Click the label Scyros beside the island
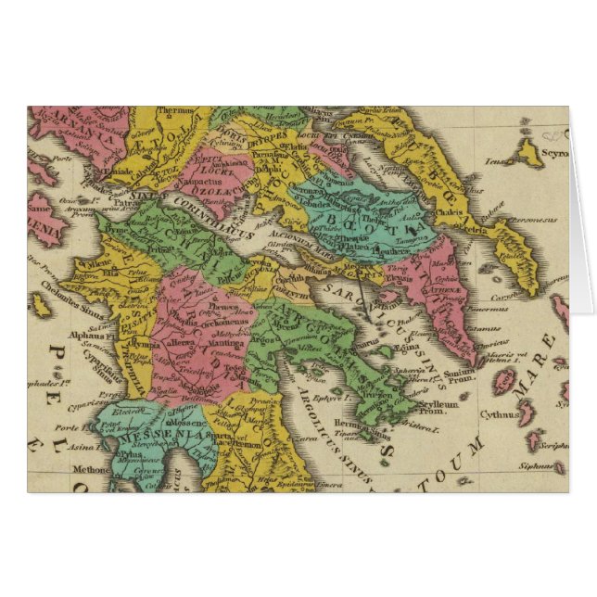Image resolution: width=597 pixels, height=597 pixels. pos(553,152)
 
